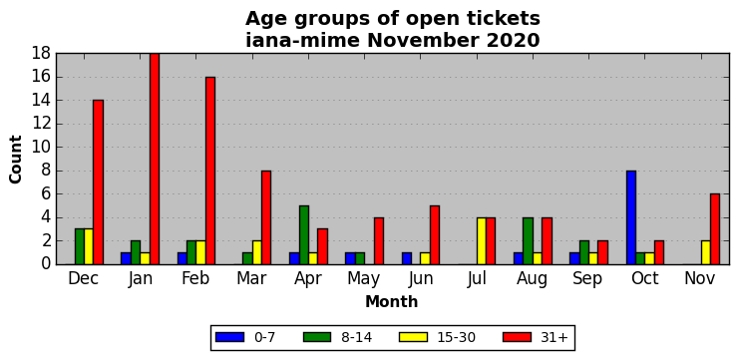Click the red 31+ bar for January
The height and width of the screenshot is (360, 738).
[155, 159]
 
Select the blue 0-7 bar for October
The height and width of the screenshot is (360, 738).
[631, 217]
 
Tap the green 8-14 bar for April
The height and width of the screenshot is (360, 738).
[304, 234]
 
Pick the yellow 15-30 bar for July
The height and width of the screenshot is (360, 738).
[482, 241]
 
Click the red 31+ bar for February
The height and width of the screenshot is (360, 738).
[210, 171]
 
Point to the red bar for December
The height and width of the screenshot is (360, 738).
[99, 182]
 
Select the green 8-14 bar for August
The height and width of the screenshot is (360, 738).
[529, 241]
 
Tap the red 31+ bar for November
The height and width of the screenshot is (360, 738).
[715, 229]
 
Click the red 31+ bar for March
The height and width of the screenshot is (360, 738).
[266, 217]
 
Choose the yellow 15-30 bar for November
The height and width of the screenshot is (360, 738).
[705, 252]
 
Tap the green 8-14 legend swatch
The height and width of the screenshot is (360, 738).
[318, 337]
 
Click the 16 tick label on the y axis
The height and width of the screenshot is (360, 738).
[41, 77]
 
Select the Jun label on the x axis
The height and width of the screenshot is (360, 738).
[420, 278]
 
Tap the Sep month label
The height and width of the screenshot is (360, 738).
[587, 279]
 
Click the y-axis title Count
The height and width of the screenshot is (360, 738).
[16, 160]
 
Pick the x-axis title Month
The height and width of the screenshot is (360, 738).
[392, 301]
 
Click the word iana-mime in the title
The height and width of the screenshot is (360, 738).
[303, 41]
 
